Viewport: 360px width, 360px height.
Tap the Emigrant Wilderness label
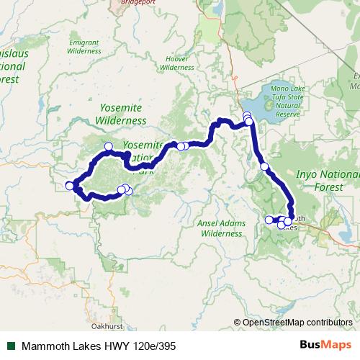(83, 47)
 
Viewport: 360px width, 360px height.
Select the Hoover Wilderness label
(176, 63)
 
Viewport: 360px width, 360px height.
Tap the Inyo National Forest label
(325, 180)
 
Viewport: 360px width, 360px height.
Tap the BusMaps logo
(330, 345)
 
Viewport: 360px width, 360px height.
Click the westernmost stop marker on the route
(70, 186)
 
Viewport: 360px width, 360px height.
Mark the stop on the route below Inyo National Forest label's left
(264, 166)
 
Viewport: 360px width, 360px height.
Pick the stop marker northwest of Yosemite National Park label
(109, 146)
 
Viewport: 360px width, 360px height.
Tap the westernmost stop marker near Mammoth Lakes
(269, 220)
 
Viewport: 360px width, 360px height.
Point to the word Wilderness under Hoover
(176, 67)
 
